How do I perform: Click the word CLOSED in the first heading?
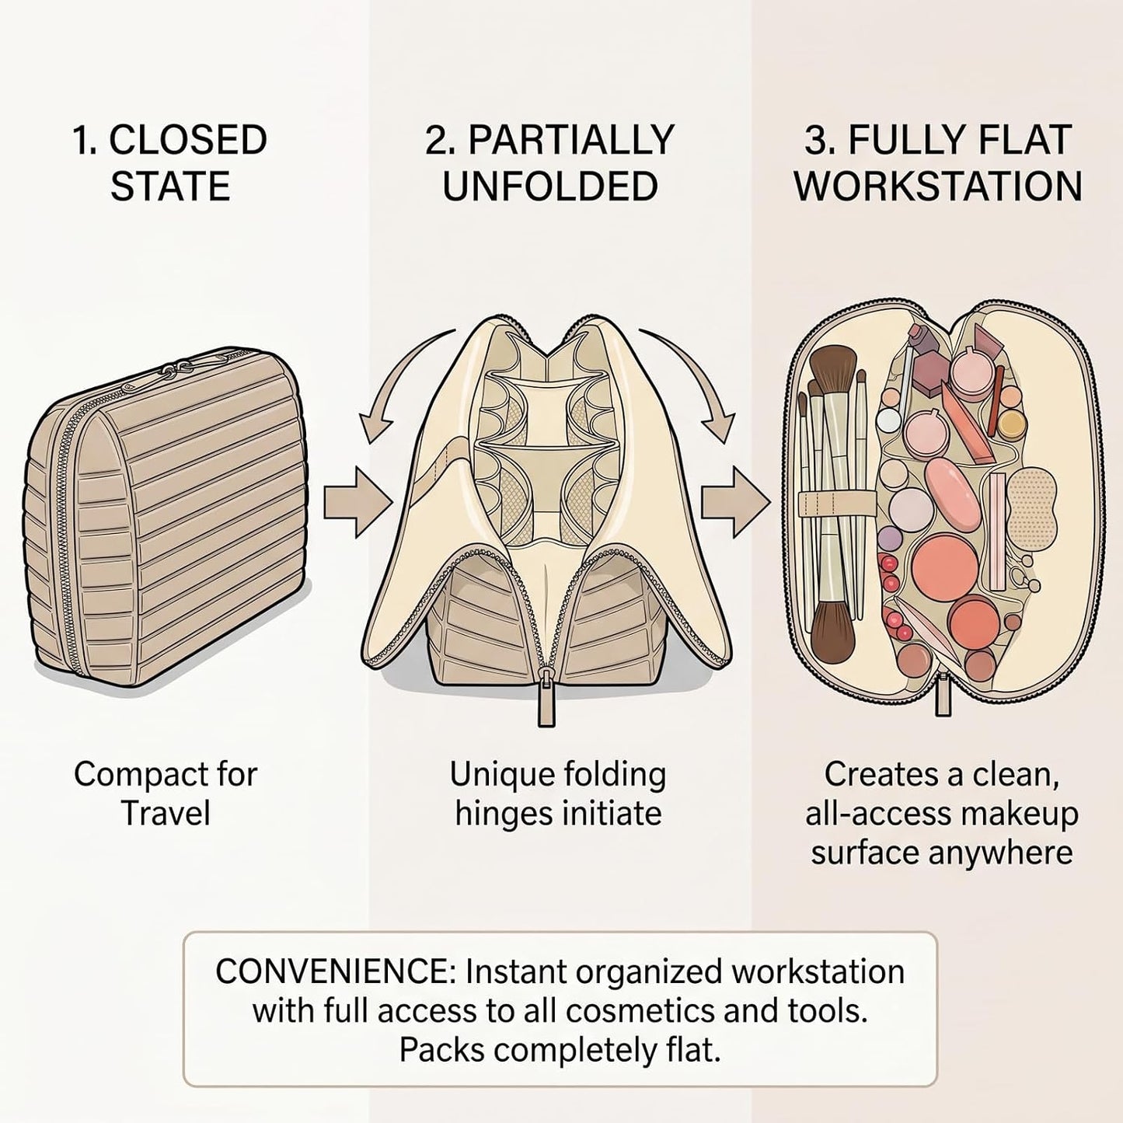(187, 141)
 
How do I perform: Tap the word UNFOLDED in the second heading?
(551, 187)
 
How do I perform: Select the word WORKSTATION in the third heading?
(938, 187)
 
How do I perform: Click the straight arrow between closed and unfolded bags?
(357, 502)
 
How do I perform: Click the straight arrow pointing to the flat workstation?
(735, 502)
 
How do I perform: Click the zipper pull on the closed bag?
(180, 368)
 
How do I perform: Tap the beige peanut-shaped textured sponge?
(1031, 500)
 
